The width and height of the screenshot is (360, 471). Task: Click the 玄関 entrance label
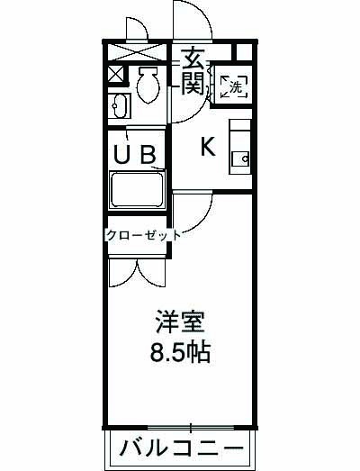192,71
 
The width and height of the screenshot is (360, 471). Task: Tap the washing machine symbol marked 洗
232,86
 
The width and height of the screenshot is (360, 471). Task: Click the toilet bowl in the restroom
148,85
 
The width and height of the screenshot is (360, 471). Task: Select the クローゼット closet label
144,236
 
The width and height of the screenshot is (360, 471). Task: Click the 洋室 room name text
180,322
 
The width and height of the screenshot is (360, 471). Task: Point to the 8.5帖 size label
180,350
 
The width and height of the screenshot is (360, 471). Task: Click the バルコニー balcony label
180,448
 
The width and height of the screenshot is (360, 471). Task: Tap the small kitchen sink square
239,159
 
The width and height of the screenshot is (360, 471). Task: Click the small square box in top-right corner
240,52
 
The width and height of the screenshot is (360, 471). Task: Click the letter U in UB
122,154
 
